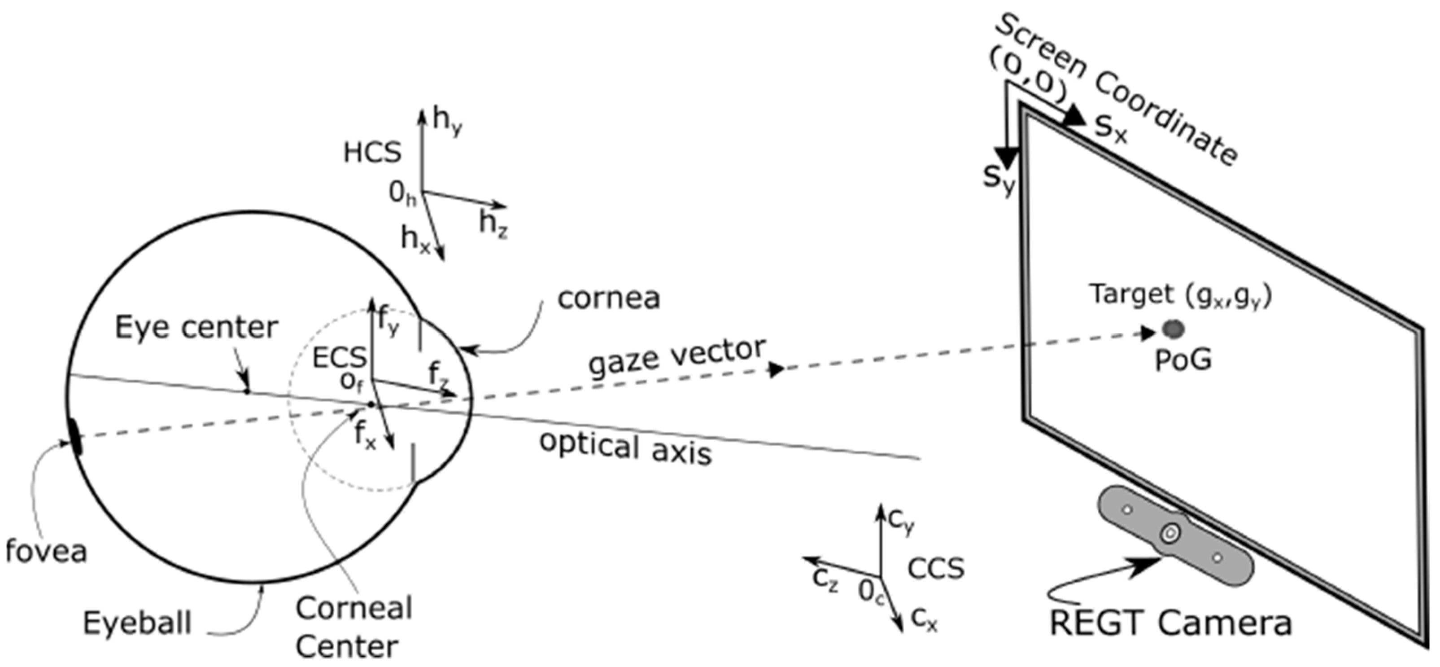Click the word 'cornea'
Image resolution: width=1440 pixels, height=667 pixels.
pyautogui.click(x=609, y=298)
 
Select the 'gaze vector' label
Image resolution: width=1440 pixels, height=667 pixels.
pyautogui.click(x=676, y=358)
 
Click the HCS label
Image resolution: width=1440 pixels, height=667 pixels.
pyautogui.click(x=372, y=153)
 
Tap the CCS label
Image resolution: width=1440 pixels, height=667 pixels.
pyautogui.click(x=936, y=569)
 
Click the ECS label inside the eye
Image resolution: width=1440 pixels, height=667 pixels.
pyautogui.click(x=339, y=358)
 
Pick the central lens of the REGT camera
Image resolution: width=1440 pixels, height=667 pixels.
pyautogui.click(x=1170, y=533)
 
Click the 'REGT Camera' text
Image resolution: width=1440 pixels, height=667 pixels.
pyautogui.click(x=1170, y=623)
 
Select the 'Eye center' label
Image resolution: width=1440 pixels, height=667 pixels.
pyautogui.click(x=196, y=327)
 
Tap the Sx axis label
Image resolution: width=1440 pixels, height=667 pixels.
pyautogui.click(x=1110, y=130)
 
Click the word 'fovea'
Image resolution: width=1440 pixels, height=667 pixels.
pyautogui.click(x=46, y=551)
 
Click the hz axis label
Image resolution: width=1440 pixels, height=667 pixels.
pyautogui.click(x=493, y=225)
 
